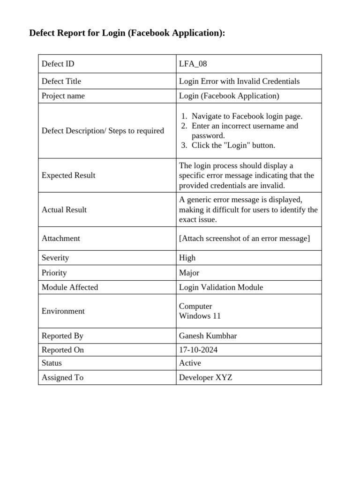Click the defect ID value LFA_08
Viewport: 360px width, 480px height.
coord(193,64)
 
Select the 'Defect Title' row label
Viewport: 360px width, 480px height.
coord(61,81)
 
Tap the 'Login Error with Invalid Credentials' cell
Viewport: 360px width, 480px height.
coord(239,81)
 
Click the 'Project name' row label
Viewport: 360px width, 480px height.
coord(63,96)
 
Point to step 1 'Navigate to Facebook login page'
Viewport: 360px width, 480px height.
coord(247,116)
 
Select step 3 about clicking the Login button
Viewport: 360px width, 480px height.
coord(233,145)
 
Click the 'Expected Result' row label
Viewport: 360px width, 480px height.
coord(68,175)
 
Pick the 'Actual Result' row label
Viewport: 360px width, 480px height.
coord(64,210)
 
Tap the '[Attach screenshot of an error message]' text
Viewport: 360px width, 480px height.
coord(244,238)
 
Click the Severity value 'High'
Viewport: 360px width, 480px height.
coord(187,258)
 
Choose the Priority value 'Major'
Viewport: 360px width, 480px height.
coord(189,273)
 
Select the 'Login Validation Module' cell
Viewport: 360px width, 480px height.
coord(221,287)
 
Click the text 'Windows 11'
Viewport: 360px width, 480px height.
coord(200,316)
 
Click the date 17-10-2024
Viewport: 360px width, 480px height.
coord(198,350)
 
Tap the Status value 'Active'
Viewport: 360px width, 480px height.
coord(190,363)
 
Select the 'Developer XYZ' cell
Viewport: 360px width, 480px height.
coord(205,377)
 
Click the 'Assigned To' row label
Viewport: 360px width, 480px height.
coord(62,377)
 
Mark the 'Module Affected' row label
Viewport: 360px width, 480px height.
coord(70,287)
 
